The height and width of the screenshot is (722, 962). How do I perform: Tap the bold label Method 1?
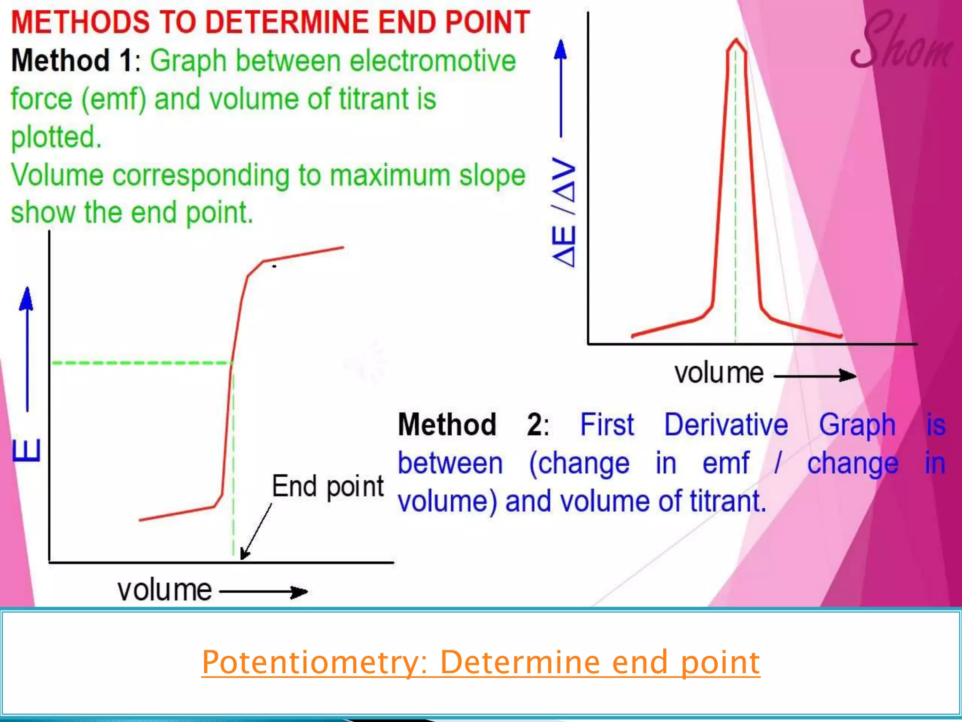click(72, 61)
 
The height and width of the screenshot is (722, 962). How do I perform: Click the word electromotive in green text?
click(433, 61)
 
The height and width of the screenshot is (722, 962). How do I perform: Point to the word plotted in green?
click(56, 137)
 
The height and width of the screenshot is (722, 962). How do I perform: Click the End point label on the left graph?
click(327, 487)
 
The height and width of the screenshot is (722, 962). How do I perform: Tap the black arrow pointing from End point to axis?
click(256, 531)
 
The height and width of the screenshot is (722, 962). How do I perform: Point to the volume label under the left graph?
click(164, 590)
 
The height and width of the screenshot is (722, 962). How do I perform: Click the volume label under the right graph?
click(719, 374)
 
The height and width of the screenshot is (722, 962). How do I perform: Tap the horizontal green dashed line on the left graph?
click(141, 363)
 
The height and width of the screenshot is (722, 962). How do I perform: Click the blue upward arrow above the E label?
click(27, 348)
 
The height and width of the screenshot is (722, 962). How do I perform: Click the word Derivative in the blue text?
click(726, 424)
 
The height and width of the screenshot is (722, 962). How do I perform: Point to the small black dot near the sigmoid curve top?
click(274, 267)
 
